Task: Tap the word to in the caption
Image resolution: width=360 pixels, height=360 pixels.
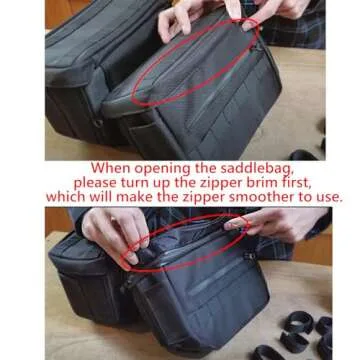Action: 304,197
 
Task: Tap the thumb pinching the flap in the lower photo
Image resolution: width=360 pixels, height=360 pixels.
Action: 132,256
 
